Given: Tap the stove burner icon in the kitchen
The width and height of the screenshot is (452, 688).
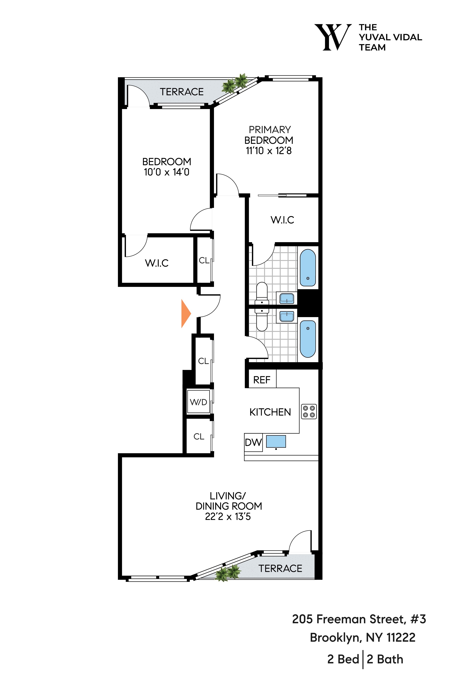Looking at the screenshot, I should pos(309,411).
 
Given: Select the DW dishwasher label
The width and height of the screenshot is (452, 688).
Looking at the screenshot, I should pos(253,443).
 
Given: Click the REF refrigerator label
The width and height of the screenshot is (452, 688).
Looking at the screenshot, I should pos(262,380).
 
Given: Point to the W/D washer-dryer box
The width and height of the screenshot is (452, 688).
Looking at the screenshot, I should pos(198,402).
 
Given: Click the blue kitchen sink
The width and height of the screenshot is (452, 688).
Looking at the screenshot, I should pos(276,441).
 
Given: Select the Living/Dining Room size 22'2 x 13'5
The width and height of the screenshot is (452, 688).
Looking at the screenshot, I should pos(228,516).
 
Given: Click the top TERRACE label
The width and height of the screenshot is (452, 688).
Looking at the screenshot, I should pos(182,92).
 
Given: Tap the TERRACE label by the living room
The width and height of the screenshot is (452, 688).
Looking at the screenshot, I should pos(280,568).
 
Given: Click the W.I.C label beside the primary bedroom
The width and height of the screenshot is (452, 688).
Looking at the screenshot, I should pos(282,220).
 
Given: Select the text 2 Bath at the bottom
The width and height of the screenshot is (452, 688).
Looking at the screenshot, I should pos(385,659).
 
